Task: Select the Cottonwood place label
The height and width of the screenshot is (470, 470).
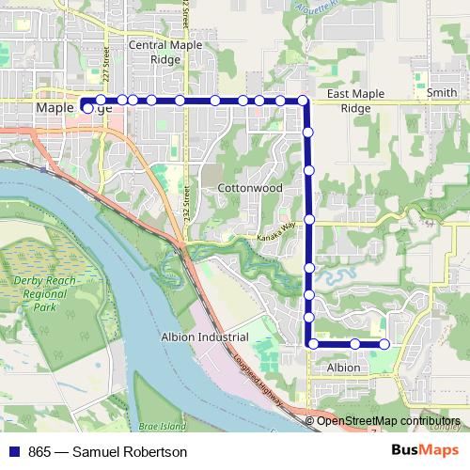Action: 250,188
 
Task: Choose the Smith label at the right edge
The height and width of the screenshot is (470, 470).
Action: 442,94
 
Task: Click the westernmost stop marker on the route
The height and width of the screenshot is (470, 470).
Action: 87,108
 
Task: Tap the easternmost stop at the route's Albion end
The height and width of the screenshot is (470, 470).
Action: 384,345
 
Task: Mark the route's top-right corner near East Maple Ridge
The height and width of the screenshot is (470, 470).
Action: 304,101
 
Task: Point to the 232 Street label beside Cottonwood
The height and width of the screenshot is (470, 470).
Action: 189,201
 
